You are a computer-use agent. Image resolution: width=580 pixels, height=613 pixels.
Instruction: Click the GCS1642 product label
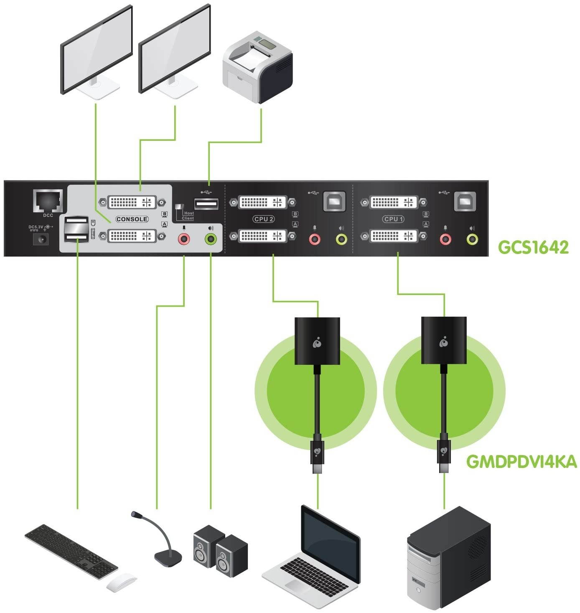533,247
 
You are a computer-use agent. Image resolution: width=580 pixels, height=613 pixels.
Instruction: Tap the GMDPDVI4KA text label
521,462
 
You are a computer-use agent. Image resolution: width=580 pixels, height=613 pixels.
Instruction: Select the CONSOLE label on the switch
132,219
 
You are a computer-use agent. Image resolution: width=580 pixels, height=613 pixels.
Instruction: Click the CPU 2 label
263,219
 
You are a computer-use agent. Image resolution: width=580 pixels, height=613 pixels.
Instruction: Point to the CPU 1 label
394,219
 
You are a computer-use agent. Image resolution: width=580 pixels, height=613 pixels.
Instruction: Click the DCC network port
48,201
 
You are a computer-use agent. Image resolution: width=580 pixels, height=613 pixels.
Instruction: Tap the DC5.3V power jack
41,239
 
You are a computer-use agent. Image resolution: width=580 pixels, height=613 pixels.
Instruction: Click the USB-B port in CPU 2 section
334,201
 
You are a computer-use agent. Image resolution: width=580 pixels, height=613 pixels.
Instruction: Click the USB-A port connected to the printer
206,204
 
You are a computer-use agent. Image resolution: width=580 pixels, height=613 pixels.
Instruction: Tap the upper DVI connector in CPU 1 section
394,202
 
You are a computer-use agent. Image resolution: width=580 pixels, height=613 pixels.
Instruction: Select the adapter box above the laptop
317,341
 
